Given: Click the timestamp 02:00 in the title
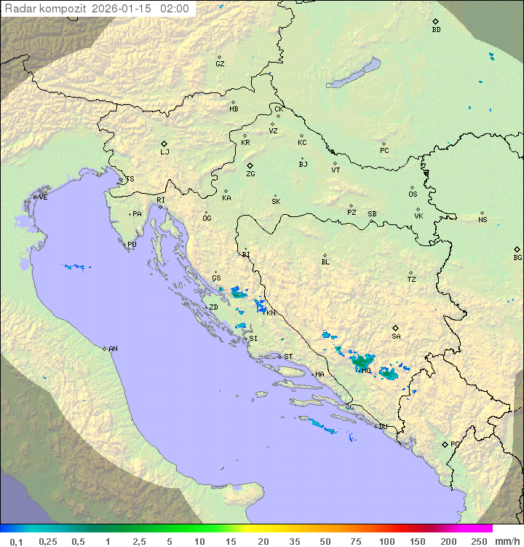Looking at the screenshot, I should click(x=174, y=9).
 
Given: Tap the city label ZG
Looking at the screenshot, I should click(x=250, y=174).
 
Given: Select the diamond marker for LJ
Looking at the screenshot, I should click(x=164, y=143).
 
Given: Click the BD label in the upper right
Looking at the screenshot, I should click(x=436, y=30).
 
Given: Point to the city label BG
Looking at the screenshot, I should click(x=517, y=257).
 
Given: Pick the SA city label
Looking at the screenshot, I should click(x=396, y=337).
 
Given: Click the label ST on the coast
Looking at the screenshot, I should click(x=288, y=357).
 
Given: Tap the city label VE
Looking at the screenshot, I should click(x=43, y=197).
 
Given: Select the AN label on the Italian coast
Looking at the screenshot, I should click(x=113, y=349).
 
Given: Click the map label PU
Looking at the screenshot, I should click(x=132, y=245).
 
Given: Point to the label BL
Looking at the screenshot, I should click(x=325, y=262).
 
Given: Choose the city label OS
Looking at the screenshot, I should click(x=413, y=194).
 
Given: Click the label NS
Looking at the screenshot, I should click(x=483, y=220).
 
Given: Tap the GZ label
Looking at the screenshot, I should click(x=220, y=64).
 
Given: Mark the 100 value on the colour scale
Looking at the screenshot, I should click(x=386, y=541).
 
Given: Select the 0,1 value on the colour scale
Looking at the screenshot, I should click(x=16, y=541).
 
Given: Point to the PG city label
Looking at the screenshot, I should click(x=455, y=444).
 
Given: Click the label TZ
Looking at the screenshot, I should click(x=411, y=280).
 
